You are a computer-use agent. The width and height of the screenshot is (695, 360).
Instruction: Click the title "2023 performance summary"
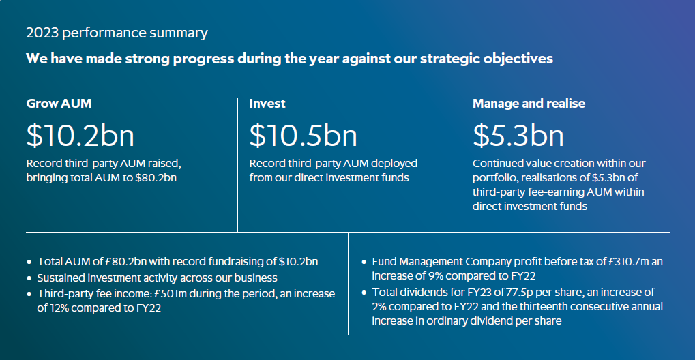pyautogui.click(x=117, y=33)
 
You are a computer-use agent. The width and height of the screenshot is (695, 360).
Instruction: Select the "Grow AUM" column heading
pyautogui.click(x=59, y=104)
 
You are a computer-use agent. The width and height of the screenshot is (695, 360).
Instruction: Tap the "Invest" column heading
pyautogui.click(x=267, y=104)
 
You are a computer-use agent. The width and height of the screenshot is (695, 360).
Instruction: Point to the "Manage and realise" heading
pyautogui.click(x=529, y=104)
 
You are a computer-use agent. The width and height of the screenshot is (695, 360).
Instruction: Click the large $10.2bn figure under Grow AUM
pyautogui.click(x=80, y=136)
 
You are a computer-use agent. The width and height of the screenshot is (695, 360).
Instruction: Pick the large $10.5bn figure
pyautogui.click(x=304, y=136)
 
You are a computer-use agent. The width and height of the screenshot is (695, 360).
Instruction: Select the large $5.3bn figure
pyautogui.click(x=518, y=136)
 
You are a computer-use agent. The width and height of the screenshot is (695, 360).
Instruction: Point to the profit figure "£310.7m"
pyautogui.click(x=629, y=262)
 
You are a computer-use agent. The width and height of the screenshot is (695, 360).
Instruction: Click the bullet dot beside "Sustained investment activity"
pyautogui.click(x=29, y=278)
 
